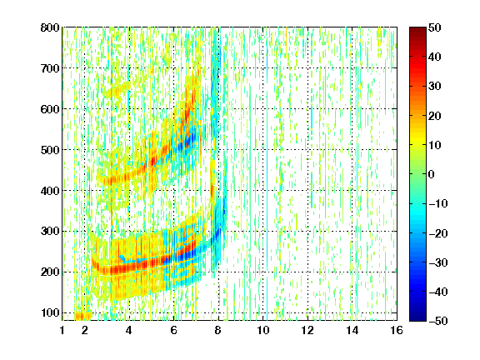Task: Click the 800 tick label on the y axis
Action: coord(50,27)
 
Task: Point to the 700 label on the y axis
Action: coord(50,68)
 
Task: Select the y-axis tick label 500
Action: coord(50,150)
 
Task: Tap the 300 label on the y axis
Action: coord(50,232)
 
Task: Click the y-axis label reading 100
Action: coord(50,312)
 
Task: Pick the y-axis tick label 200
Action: coord(50,272)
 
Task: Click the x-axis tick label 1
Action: coord(62,330)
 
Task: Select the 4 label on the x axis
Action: coord(129,330)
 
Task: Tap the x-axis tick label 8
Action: coord(218,330)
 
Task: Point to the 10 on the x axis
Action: coord(263,330)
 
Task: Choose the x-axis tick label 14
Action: coord(352,330)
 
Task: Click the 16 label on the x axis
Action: coord(397,330)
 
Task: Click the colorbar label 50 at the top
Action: coord(435,27)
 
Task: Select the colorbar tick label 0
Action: coord(432,174)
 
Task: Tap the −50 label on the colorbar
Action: coord(438,321)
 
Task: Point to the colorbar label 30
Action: coord(435,87)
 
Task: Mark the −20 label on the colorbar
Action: coord(438,233)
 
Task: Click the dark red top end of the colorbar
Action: coord(417,29)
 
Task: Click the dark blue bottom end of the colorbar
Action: coord(417,318)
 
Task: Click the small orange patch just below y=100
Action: coord(83,316)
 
